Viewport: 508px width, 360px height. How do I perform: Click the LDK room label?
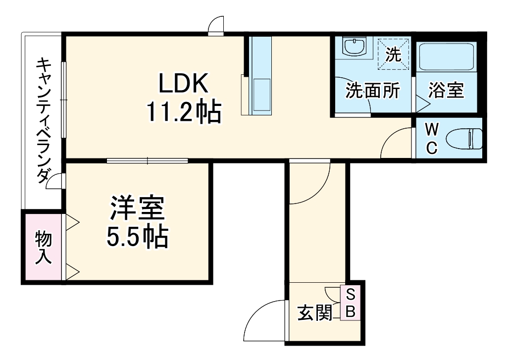pyautogui.click(x=182, y=85)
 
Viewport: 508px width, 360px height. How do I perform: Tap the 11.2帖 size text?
pyautogui.click(x=183, y=113)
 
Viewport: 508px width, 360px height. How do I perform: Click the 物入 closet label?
pyautogui.click(x=43, y=248)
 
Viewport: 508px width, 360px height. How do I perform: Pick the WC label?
pyautogui.click(x=432, y=139)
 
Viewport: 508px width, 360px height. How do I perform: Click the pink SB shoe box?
pyautogui.click(x=350, y=304)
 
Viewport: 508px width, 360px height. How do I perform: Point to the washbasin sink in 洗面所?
pyautogui.click(x=355, y=48)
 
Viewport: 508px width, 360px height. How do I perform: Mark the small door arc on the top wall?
pyautogui.click(x=216, y=25)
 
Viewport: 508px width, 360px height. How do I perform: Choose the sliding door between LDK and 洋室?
pyautogui.click(x=148, y=160)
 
